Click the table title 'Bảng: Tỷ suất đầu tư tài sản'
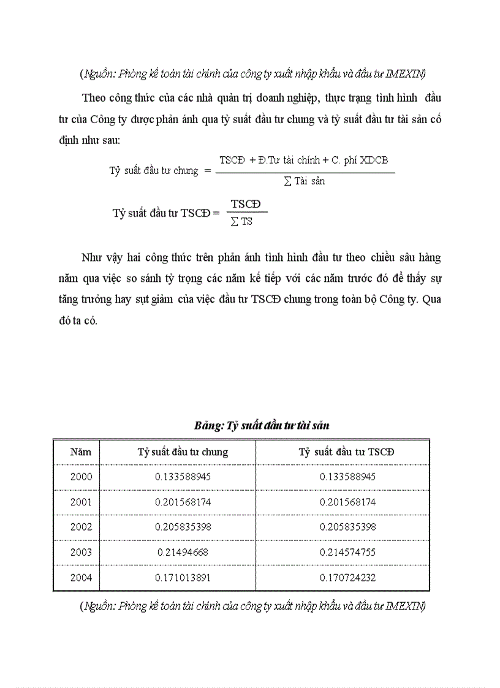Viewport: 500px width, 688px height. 262,425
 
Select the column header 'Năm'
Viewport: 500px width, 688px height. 81,452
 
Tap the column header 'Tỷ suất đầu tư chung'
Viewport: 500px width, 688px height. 183,452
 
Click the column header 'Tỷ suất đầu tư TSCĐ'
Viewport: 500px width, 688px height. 347,452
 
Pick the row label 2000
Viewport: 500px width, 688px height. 81,477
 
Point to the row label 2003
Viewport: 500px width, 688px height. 81,552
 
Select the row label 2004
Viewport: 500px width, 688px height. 81,577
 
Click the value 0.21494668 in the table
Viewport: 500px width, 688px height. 183,552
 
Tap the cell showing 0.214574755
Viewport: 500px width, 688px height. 347,552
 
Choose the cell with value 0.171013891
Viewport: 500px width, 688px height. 183,577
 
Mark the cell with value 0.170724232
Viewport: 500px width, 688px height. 347,577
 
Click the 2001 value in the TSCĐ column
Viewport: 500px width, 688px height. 347,502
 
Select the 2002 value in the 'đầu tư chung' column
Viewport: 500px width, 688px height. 183,527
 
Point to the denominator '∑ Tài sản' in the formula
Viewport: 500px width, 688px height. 305,181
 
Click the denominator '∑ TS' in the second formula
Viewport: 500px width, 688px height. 241,222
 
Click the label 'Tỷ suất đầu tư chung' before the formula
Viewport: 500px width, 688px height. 154,171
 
